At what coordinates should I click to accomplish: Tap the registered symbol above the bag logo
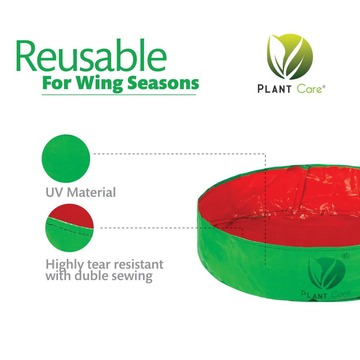pyautogui.click(x=345, y=255)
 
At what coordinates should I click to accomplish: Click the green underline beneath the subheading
pyautogui.click(x=119, y=95)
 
